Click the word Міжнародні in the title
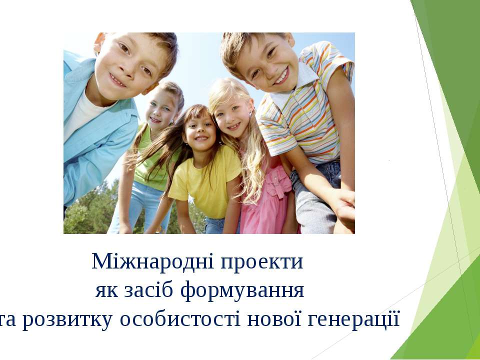(153, 261)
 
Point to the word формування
(242, 290)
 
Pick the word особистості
(180, 319)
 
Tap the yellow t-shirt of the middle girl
(205, 180)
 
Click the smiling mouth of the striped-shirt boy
(281, 76)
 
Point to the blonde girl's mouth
(234, 126)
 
